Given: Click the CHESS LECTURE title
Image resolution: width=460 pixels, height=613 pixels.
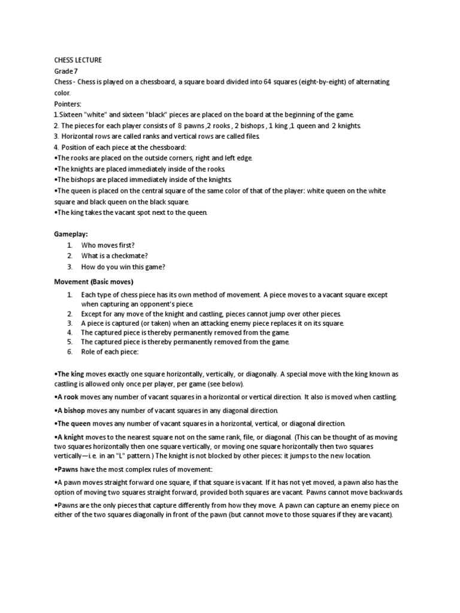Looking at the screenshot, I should (x=78, y=60).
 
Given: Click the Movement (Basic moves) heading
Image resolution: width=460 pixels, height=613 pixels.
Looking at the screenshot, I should (x=93, y=281).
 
